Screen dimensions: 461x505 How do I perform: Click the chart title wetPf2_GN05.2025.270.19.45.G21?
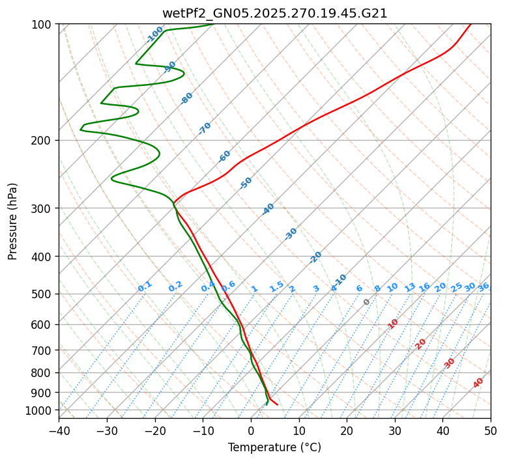[x=274, y=13]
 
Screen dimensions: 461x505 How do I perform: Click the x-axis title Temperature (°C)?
[x=274, y=448]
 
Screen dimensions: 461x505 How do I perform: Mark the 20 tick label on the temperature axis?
[x=347, y=430]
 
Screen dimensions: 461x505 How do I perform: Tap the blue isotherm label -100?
[x=154, y=35]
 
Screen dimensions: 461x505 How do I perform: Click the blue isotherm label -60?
[x=225, y=156]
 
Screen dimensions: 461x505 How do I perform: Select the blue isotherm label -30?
[x=291, y=233]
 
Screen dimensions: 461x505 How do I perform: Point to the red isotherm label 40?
[x=478, y=383]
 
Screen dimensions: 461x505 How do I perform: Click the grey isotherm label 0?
[x=367, y=302]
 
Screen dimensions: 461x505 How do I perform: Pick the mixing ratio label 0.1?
[x=145, y=286]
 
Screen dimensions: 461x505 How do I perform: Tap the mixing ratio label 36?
[x=483, y=286]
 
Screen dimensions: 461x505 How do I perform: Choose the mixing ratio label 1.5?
[x=276, y=286]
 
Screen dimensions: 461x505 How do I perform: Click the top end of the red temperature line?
[x=470, y=24]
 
